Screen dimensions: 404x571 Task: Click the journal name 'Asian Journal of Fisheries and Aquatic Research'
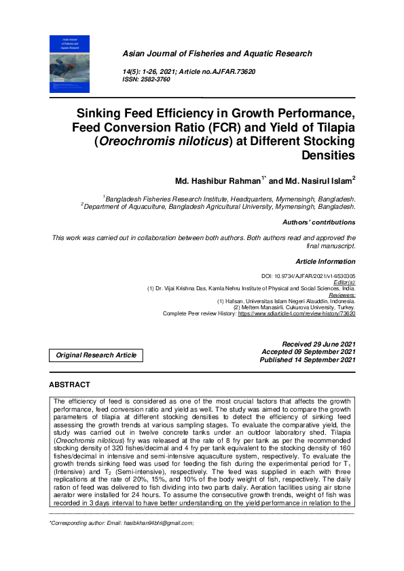pos(217,54)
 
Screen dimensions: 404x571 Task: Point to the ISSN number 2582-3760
pos(155,79)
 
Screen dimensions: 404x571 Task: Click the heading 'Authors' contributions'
pos(318,222)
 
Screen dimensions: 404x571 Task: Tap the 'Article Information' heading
pos(326,261)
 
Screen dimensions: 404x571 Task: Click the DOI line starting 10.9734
pos(318,277)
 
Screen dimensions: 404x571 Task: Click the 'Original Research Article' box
pos(96,355)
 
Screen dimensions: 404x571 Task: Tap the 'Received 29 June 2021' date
pos(318,344)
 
